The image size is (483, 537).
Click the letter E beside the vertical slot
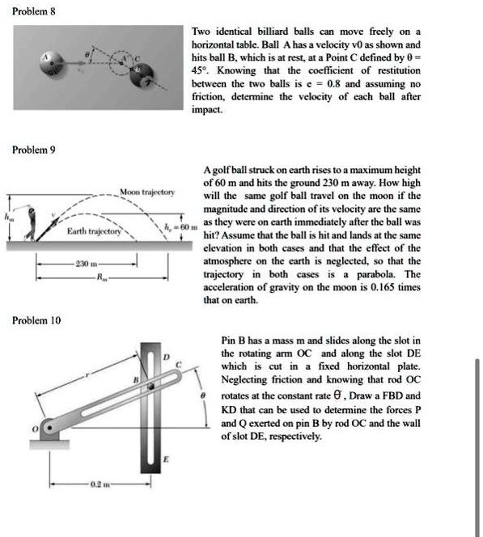click(167, 458)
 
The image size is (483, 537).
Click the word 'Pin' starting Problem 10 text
click(230, 343)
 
